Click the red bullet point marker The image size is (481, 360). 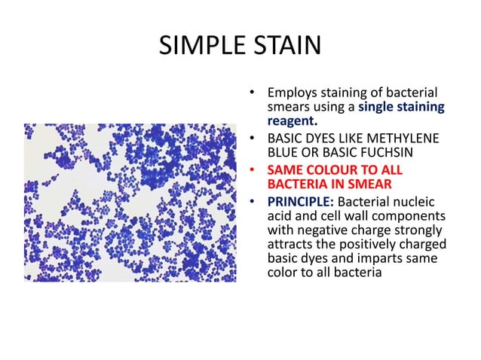click(x=254, y=171)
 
